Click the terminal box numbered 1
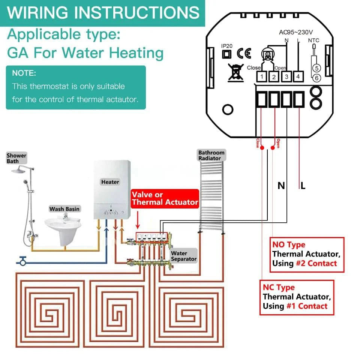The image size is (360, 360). coord(261,77)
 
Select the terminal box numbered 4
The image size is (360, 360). coord(298,77)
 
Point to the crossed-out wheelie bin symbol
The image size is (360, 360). coord(236,72)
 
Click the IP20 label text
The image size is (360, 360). coord(226,46)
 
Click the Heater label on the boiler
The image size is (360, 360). coord(110,182)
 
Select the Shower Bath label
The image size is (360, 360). coord(16,158)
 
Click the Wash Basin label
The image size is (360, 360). coord(64,209)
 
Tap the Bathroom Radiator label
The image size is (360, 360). coord(211,155)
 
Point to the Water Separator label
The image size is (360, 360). coord(184,256)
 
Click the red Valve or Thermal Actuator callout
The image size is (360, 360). coord(165,198)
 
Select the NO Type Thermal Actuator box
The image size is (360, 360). coord(306,255)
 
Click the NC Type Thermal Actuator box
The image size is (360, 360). coord(297,297)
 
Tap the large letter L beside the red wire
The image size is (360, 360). coord(303,185)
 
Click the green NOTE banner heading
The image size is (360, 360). coord(24,73)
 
